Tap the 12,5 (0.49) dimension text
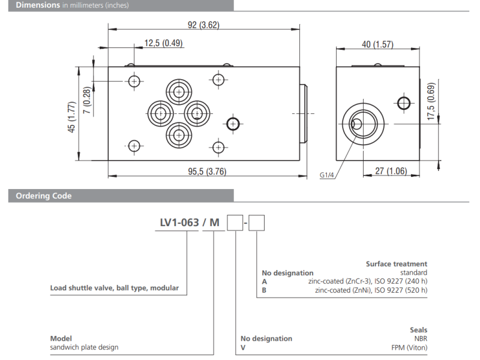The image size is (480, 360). tap(163, 43)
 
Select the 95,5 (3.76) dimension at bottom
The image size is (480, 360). tap(204, 172)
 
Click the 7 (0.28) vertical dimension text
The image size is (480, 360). tap(87, 100)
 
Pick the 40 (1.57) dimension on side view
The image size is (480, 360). tap(377, 45)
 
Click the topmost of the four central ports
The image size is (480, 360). tap(179, 92)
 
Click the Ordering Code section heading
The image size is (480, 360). tap(44, 196)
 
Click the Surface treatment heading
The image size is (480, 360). tap(397, 263)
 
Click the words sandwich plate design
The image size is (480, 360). tap(84, 347)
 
